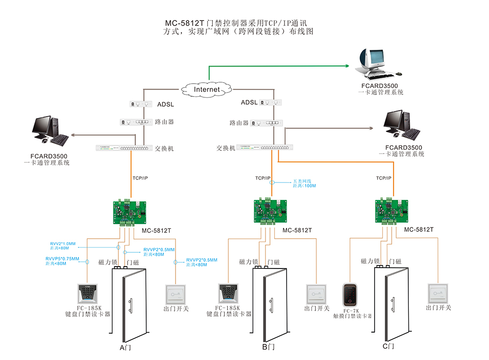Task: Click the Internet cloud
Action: point(207,90)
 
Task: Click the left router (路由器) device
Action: point(134,122)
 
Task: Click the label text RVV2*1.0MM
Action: point(63,244)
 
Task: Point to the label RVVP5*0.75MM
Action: point(62,259)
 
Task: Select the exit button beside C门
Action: point(438,294)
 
